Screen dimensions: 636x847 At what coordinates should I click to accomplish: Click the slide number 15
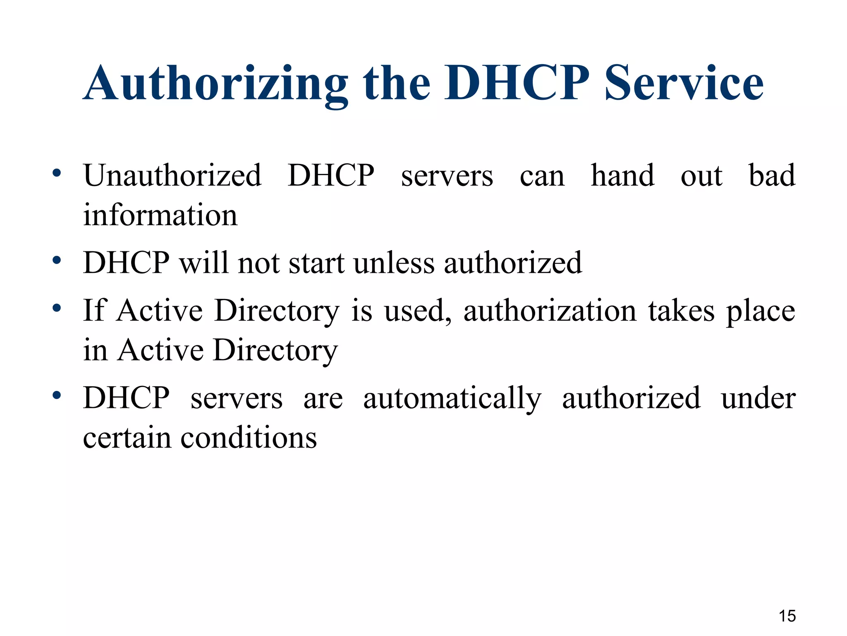pyautogui.click(x=787, y=616)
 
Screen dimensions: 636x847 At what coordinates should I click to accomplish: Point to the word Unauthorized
pyautogui.click(x=172, y=176)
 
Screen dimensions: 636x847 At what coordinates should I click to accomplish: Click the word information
pyautogui.click(x=160, y=215)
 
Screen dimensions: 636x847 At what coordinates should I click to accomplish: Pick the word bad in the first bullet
pyautogui.click(x=772, y=176)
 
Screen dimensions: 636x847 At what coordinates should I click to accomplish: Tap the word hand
pyautogui.click(x=622, y=176)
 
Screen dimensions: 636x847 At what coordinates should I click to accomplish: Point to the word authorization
pyautogui.click(x=550, y=311)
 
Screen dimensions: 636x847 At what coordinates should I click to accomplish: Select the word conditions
pyautogui.click(x=249, y=438)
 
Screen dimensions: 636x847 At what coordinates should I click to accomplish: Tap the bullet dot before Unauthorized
pyautogui.click(x=57, y=173)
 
